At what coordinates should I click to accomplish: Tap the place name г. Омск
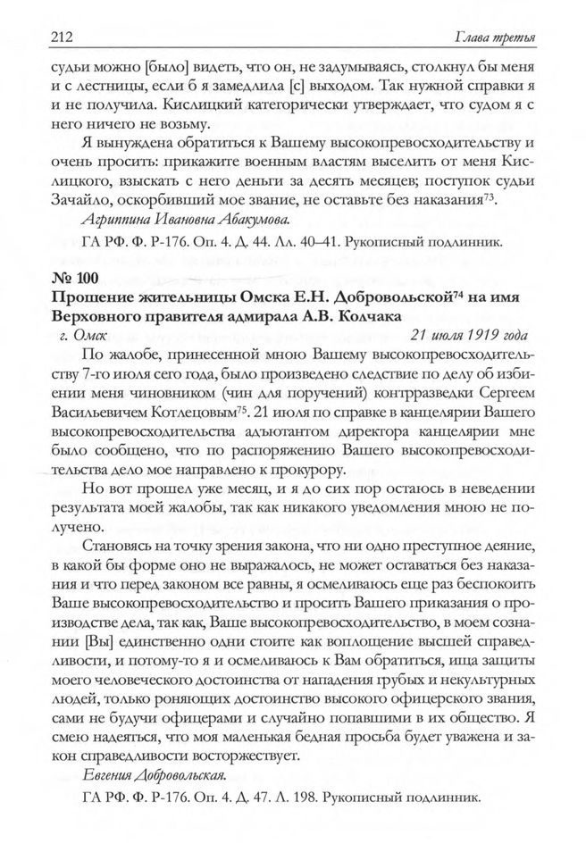pos(81,336)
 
